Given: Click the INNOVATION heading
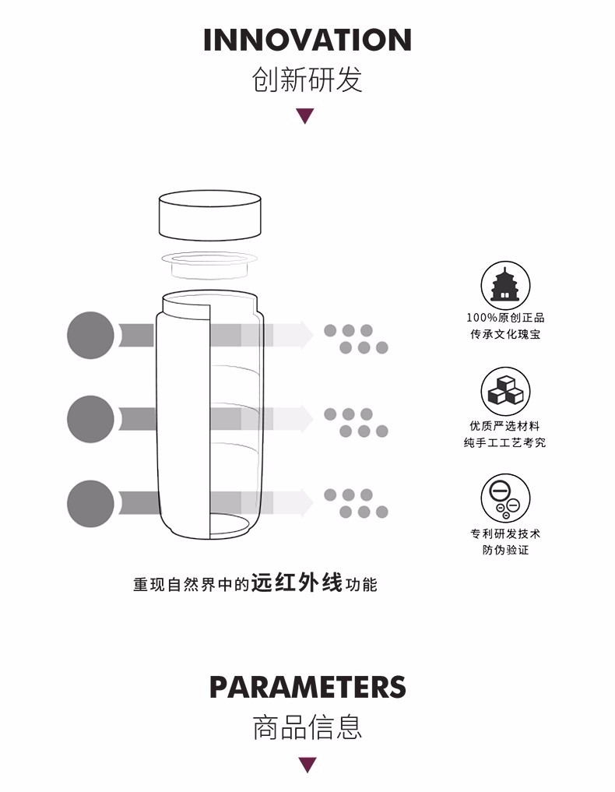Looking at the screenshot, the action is tap(307, 40).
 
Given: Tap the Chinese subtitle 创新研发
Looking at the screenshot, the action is tap(307, 79).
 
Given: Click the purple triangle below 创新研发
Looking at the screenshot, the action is tap(305, 116).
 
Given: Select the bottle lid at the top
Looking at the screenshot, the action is tap(210, 215).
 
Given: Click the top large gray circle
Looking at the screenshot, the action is tap(91, 335).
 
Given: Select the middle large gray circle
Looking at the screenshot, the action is tap(91, 419).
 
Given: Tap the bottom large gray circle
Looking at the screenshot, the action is tap(91, 503).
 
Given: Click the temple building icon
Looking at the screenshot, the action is tap(505, 286).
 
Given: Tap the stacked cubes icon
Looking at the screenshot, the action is tap(505, 392).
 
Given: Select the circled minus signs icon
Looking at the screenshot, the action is tap(505, 498).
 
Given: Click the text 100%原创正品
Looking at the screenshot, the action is tap(505, 318).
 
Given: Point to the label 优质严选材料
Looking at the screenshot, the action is tap(505, 426).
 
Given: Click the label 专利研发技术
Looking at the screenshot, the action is tap(505, 533).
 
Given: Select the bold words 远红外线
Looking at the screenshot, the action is tap(297, 583).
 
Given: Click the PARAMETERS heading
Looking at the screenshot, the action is tap(307, 687).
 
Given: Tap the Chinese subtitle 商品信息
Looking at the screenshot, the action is tap(307, 727).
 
